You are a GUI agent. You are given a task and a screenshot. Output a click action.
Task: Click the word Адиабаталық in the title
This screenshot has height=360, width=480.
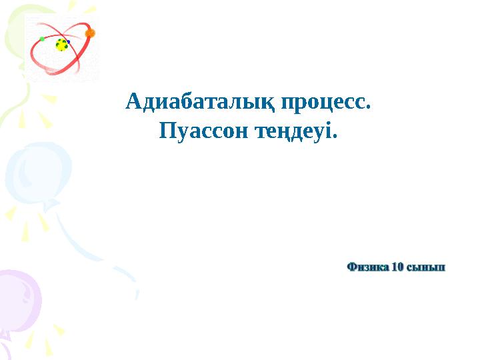[x=200, y=102]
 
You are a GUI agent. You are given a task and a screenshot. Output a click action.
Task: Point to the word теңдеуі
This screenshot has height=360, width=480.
[x=294, y=131]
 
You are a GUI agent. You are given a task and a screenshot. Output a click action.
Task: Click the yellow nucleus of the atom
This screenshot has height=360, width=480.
[x=62, y=45]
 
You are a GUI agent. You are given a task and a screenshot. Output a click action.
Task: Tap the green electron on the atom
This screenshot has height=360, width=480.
[x=42, y=39]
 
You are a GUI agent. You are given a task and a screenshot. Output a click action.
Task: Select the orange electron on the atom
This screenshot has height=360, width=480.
[x=90, y=33]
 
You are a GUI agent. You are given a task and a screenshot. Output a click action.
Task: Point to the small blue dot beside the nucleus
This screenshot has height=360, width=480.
[x=69, y=42]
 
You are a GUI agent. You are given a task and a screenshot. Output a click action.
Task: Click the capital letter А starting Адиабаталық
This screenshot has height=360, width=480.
[x=133, y=101]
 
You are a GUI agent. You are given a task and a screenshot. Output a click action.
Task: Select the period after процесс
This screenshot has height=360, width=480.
[x=368, y=107]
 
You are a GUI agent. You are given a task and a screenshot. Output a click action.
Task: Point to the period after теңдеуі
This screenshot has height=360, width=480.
[x=335, y=136]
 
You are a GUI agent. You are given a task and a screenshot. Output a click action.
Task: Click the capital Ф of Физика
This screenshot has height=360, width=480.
[x=351, y=267]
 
